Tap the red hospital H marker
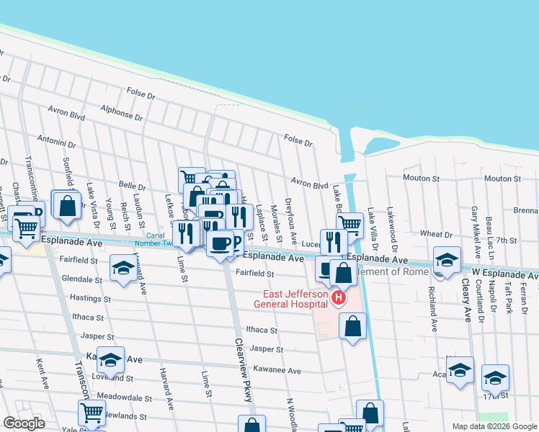click(337, 297)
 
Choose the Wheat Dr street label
click(436, 234)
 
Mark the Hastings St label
click(91, 297)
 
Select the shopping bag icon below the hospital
click(352, 327)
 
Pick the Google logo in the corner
click(24, 423)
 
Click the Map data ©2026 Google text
click(494, 426)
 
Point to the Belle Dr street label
click(133, 185)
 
